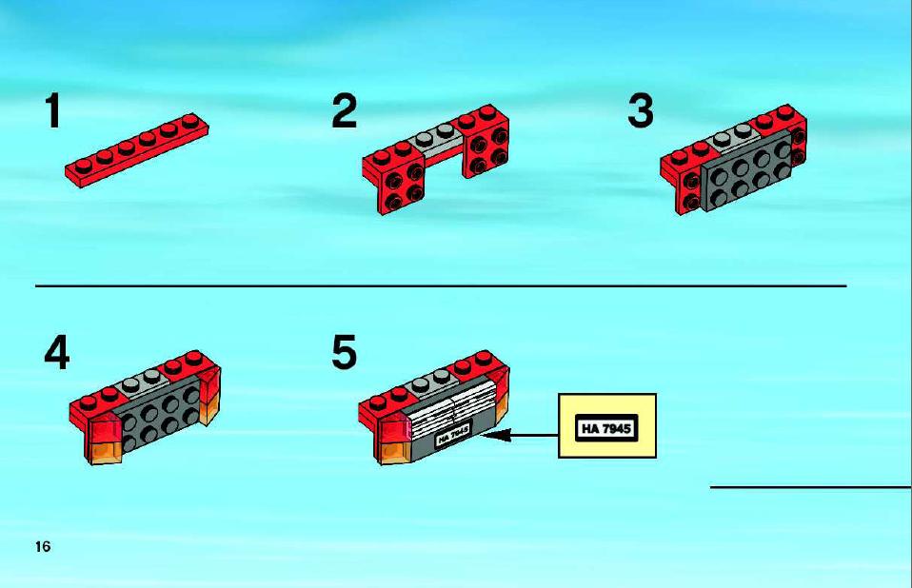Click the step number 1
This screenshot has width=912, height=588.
click(53, 111)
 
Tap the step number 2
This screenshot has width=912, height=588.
click(345, 111)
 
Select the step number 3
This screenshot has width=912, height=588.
click(641, 111)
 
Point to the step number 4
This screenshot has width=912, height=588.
click(56, 353)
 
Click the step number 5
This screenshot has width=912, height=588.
click(345, 353)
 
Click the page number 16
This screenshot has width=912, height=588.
click(43, 547)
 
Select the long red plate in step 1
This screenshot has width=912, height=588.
click(137, 150)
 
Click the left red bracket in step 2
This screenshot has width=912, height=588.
click(395, 177)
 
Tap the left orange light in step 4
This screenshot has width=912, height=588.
click(105, 451)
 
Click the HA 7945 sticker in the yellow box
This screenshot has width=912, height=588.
click(606, 428)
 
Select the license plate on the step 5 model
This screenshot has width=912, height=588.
click(453, 435)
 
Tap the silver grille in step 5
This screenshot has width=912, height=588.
click(452, 410)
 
